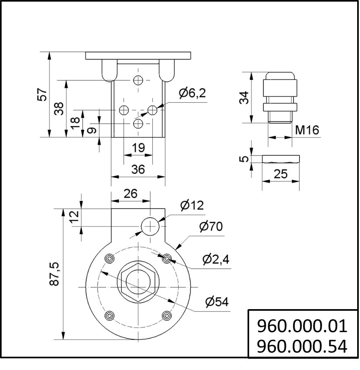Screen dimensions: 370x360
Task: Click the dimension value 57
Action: click(x=42, y=95)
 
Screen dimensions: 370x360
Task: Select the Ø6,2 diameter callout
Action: click(x=192, y=93)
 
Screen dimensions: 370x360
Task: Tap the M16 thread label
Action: click(x=307, y=130)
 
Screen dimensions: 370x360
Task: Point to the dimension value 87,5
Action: click(x=54, y=274)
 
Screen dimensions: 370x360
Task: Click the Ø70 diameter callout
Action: click(x=210, y=227)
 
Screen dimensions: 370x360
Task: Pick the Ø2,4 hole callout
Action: click(x=216, y=259)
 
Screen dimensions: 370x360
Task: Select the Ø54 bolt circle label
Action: click(x=216, y=301)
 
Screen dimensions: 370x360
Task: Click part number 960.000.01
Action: click(x=302, y=326)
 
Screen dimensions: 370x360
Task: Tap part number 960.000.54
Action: click(x=302, y=346)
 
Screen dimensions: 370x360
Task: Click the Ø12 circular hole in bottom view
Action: click(x=150, y=226)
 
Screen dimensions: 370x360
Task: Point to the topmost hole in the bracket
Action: click(x=138, y=80)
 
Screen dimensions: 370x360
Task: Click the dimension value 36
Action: click(x=138, y=169)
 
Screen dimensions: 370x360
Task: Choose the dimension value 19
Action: click(x=138, y=148)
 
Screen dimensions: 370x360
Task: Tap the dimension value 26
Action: click(x=131, y=194)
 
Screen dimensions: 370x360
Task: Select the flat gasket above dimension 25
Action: click(x=281, y=159)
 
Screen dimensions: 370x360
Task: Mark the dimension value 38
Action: click(x=59, y=108)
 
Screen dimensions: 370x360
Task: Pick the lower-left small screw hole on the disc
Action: click(x=109, y=315)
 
